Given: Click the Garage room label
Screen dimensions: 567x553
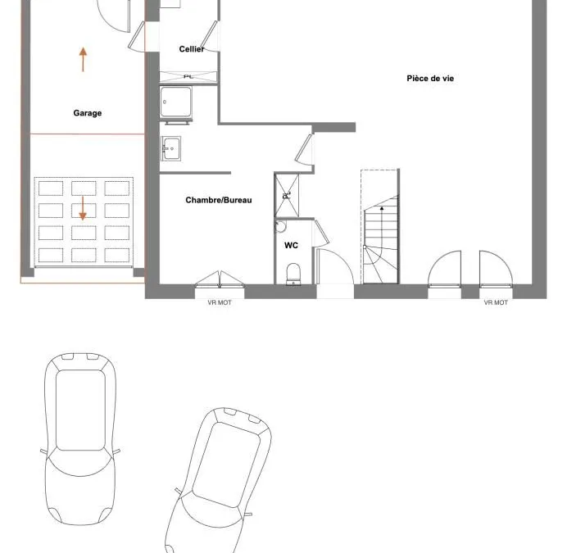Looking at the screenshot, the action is pyautogui.click(x=88, y=113).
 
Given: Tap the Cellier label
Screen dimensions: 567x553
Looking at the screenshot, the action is pyautogui.click(x=192, y=49).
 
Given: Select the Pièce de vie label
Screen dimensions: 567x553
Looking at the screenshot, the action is pyautogui.click(x=430, y=79).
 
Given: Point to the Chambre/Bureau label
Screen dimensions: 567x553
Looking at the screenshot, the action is pyautogui.click(x=219, y=200).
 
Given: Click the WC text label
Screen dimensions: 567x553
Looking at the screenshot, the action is pyautogui.click(x=291, y=245).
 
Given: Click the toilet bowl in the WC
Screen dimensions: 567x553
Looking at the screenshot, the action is pyautogui.click(x=293, y=274).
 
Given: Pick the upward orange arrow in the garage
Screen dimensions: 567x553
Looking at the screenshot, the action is pyautogui.click(x=84, y=60).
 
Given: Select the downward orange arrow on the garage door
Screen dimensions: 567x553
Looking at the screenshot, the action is pyautogui.click(x=83, y=209).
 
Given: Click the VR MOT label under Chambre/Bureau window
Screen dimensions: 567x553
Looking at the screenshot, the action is pyautogui.click(x=220, y=302).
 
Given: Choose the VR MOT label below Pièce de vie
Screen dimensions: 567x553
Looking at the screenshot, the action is pyautogui.click(x=496, y=302).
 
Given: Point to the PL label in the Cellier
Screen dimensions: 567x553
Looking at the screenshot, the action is pyautogui.click(x=188, y=77).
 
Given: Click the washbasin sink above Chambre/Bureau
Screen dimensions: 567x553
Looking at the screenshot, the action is pyautogui.click(x=170, y=148).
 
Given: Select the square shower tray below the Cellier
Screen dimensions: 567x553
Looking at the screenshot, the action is pyautogui.click(x=175, y=102).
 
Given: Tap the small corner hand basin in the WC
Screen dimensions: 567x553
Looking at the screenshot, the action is pyautogui.click(x=280, y=226).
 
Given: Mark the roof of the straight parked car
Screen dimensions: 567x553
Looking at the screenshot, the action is pyautogui.click(x=80, y=410).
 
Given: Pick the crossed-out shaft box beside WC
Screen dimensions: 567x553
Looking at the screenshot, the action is pyautogui.click(x=287, y=195).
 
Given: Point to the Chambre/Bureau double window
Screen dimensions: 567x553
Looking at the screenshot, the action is pyautogui.click(x=220, y=279).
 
